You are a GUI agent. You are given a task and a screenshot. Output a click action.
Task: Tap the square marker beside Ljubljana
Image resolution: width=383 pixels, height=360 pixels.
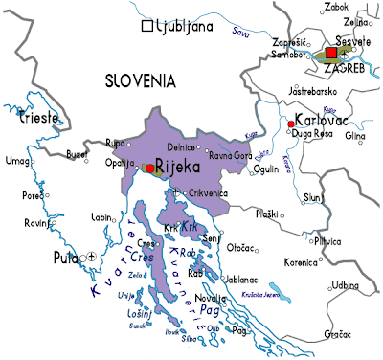[147, 28]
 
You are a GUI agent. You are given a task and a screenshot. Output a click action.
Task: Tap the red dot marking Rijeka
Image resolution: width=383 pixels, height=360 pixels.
[149, 168]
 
